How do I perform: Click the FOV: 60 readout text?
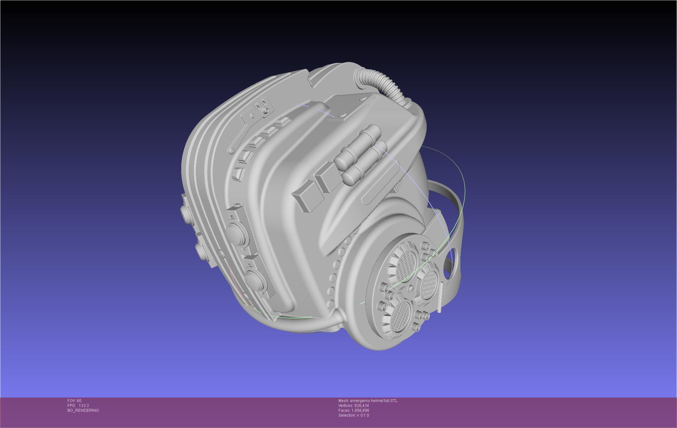[x=74, y=401]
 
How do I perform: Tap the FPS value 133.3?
[x=83, y=406]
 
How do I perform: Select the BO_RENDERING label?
[x=83, y=410]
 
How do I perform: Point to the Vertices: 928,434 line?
[x=353, y=406]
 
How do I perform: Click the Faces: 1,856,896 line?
[x=353, y=410]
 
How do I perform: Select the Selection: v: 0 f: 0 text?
[x=353, y=415]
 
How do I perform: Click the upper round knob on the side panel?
[x=236, y=230]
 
